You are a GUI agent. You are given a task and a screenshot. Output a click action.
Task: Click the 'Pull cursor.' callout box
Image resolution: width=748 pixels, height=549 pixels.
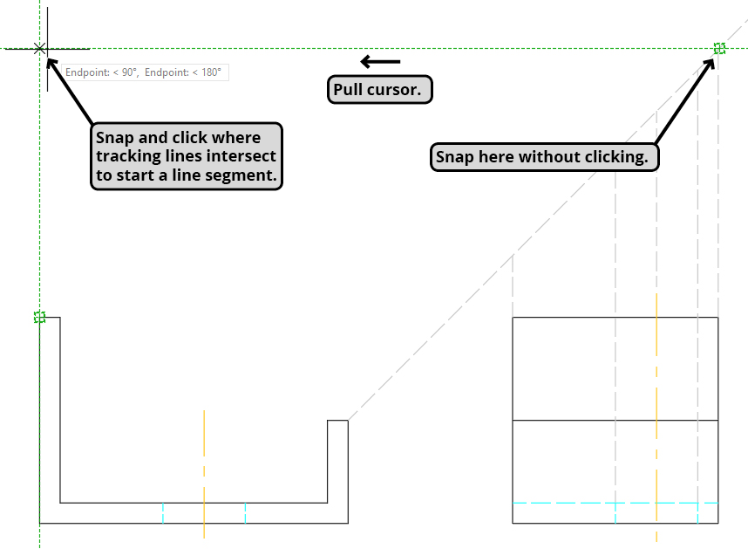[381, 90]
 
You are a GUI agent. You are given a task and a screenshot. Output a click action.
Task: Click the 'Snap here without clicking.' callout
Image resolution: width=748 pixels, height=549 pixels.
[544, 157]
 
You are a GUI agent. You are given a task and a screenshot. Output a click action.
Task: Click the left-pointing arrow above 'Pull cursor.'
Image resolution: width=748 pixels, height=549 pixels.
[380, 61]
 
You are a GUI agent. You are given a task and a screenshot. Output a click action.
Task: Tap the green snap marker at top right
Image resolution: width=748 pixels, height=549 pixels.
[719, 49]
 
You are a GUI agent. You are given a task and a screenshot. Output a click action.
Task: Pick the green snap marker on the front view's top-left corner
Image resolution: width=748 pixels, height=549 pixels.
[39, 317]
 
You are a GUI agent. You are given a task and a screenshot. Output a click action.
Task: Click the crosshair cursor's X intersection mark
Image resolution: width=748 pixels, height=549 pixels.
[39, 49]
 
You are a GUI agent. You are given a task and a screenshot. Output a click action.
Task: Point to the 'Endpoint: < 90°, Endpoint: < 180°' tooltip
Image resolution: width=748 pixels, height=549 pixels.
[144, 72]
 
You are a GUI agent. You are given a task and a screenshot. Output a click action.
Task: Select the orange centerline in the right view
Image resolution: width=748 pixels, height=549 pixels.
[656, 367]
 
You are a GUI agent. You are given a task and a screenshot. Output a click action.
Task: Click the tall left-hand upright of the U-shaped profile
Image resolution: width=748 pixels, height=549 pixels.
[50, 410]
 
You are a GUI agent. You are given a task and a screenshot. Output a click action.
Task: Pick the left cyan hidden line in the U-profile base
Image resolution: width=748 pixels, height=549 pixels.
[163, 513]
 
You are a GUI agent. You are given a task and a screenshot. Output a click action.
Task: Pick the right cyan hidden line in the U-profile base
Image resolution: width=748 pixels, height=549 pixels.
[245, 513]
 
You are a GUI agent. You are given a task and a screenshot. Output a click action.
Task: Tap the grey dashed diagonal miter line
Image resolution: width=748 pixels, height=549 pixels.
[523, 244]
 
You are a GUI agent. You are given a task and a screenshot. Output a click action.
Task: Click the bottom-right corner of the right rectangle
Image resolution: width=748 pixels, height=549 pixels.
[718, 523]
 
